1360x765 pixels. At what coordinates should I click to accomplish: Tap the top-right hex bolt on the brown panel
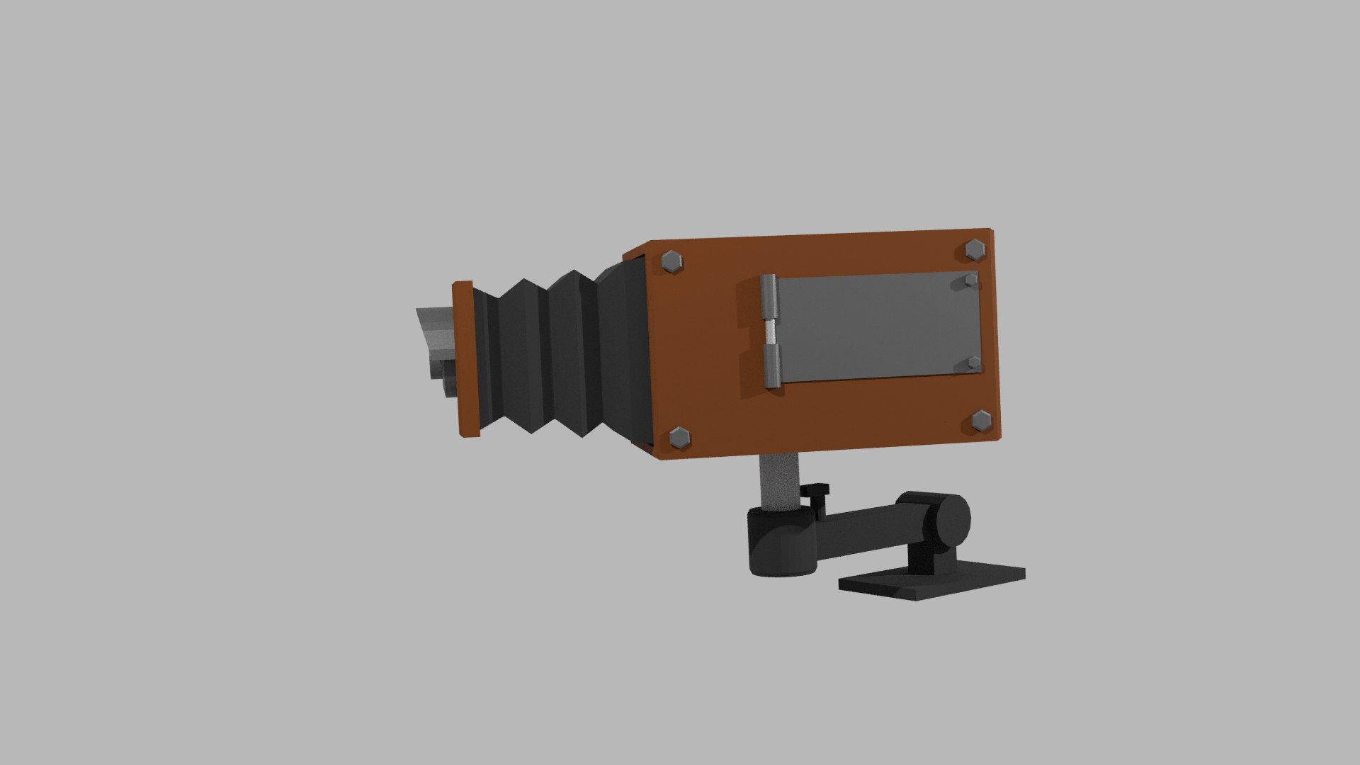click(x=975, y=249)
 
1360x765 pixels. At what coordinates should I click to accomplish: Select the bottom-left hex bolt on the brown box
click(x=679, y=438)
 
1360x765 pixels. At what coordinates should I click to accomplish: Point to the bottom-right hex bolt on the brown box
click(x=981, y=421)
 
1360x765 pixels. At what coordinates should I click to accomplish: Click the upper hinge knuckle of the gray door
click(x=769, y=297)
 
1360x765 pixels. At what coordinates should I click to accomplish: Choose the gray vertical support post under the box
click(x=779, y=482)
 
